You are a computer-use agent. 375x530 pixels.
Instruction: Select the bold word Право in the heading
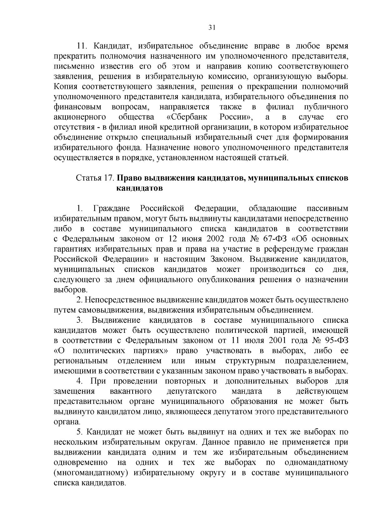(128, 178)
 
